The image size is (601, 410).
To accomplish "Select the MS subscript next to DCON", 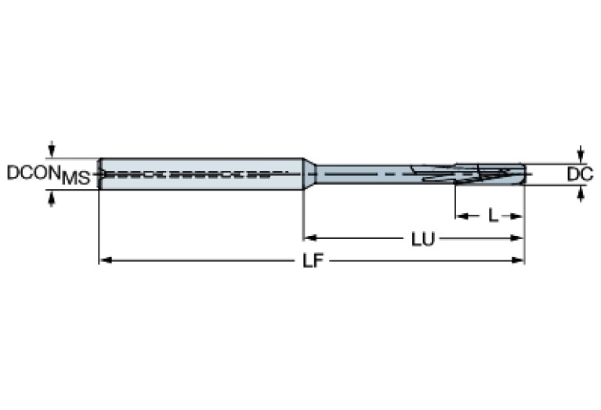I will click(x=76, y=179).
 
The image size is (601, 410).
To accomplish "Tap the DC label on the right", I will click(x=579, y=174).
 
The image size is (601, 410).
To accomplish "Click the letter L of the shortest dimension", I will click(x=492, y=216).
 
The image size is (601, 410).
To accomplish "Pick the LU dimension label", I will click(x=424, y=238).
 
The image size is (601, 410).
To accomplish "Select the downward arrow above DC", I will click(x=580, y=154).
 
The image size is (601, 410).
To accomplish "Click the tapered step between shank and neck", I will click(x=310, y=173).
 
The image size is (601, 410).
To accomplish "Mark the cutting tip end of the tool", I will click(x=522, y=173).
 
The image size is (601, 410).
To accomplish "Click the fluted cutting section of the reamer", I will click(x=470, y=173).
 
